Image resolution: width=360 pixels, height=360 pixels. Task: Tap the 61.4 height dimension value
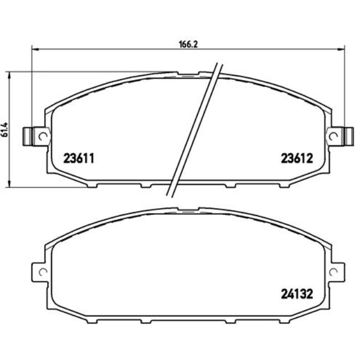[x=4, y=129]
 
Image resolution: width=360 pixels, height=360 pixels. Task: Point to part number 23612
[x=294, y=157]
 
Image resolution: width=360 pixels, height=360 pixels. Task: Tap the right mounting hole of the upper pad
[x=333, y=135]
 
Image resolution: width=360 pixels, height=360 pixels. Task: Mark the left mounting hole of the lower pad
[x=40, y=272]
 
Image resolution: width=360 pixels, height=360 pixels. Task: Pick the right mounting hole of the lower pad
[x=333, y=272]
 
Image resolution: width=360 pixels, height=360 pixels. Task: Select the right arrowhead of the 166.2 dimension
[x=342, y=49]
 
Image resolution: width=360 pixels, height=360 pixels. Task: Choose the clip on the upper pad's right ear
[x=347, y=135]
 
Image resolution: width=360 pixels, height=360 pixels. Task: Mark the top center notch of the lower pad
[x=187, y=210]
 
